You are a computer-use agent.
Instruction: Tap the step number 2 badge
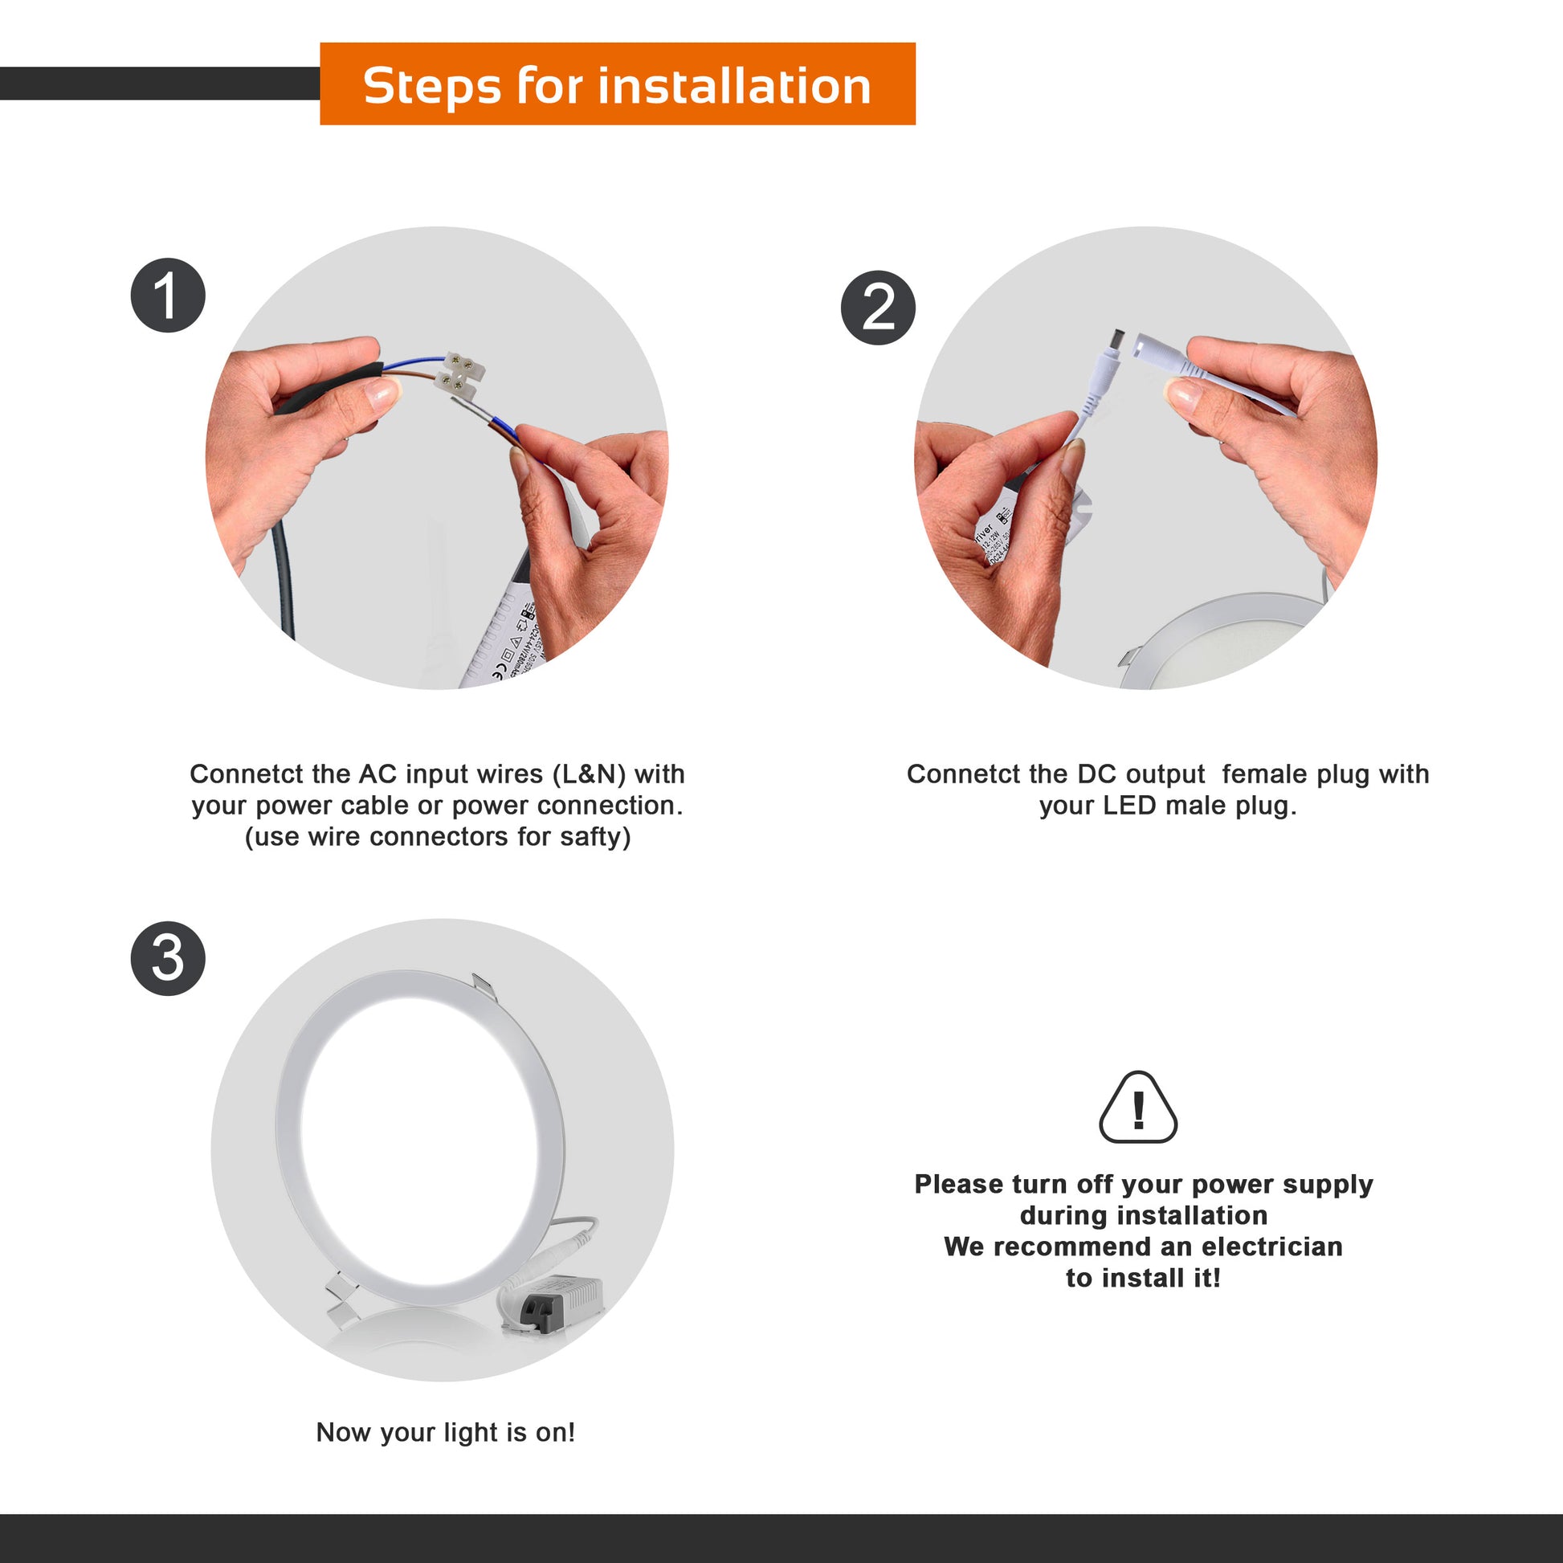pos(878,308)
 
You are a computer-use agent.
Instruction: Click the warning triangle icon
pos(1138,1108)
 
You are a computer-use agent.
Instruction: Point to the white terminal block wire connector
pos(459,376)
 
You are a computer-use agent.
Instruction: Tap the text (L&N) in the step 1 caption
pos(589,774)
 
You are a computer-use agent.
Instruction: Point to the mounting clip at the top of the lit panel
pos(483,986)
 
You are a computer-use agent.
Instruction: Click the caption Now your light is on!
pos(446,1432)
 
